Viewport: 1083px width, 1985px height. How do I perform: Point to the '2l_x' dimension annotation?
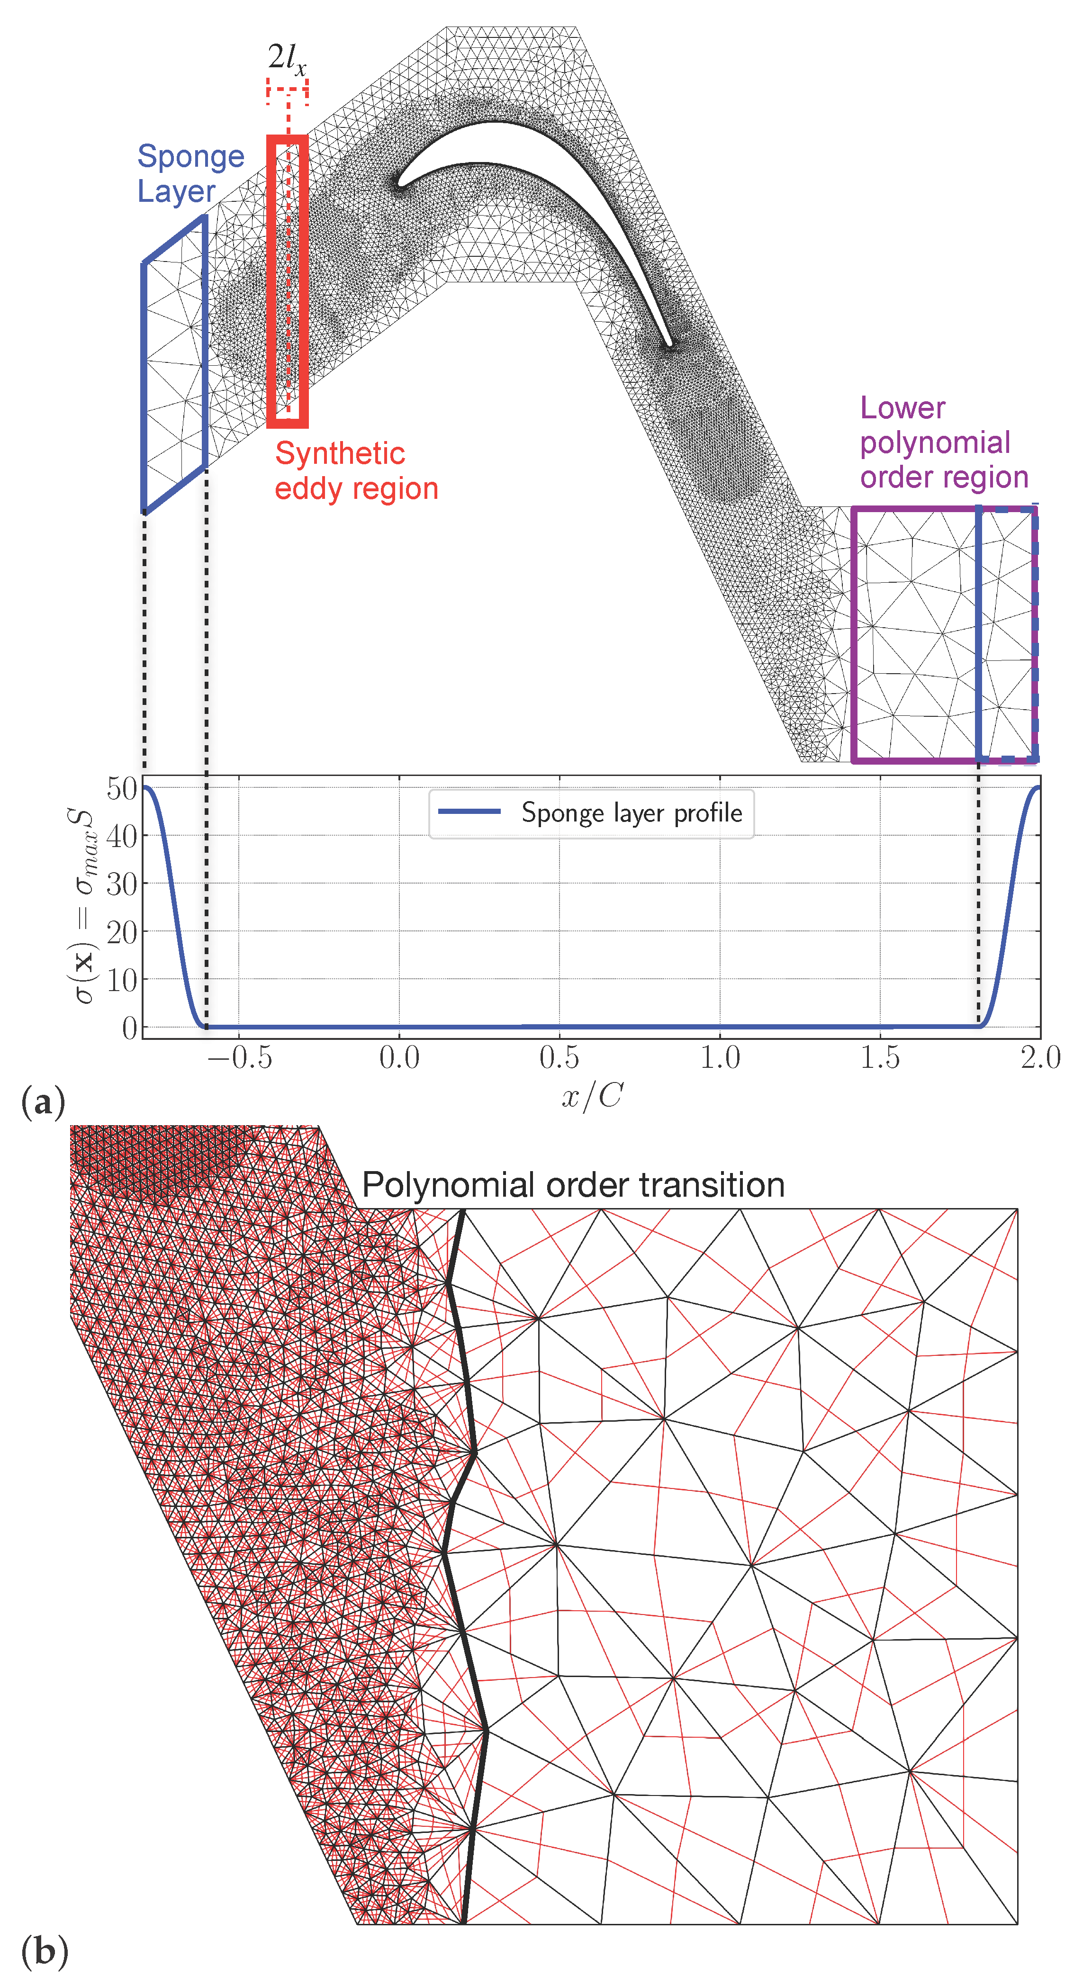(287, 59)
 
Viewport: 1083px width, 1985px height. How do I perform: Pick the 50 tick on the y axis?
(122, 788)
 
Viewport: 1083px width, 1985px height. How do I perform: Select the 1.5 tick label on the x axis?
(880, 1058)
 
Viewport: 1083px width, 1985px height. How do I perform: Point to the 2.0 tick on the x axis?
(1040, 1058)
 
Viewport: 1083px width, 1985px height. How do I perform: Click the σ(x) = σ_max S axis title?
(83, 905)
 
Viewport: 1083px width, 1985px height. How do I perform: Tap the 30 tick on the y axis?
(122, 884)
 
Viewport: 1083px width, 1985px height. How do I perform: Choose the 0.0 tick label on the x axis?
(399, 1058)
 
